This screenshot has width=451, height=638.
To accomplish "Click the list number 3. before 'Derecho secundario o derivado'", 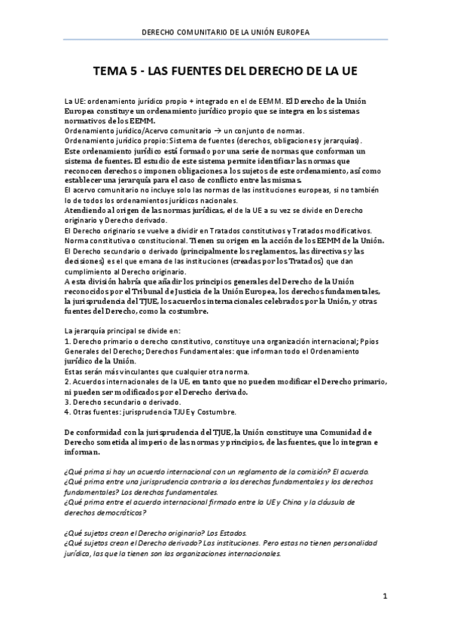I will point(68,402).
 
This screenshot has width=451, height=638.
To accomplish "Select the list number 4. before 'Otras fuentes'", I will point(68,412).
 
